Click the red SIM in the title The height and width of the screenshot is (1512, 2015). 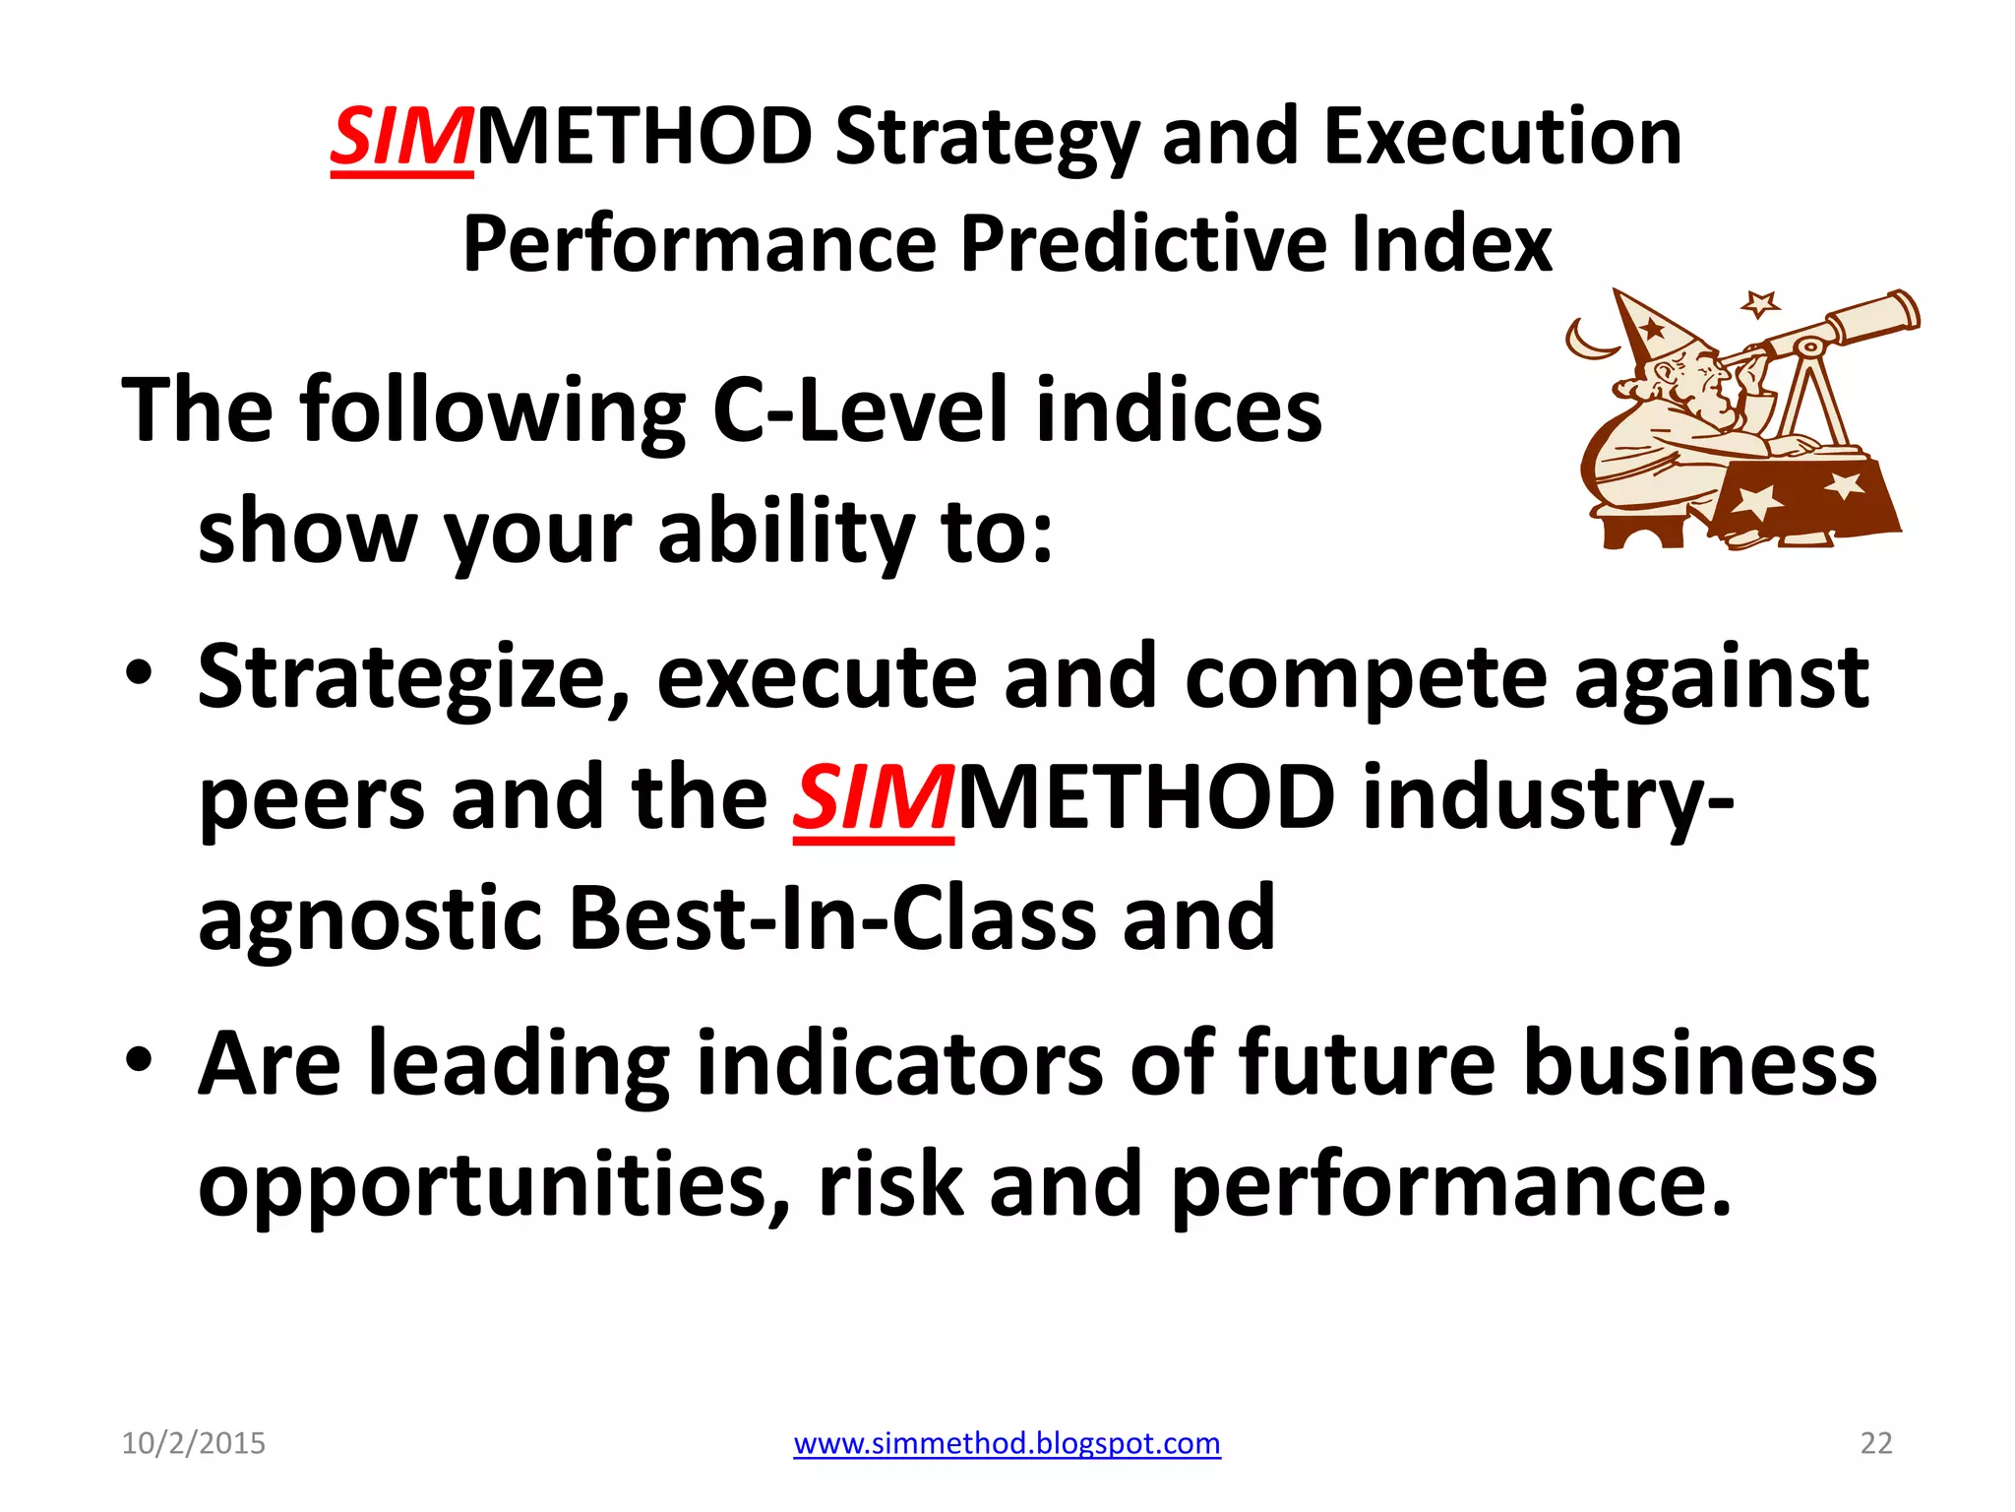[401, 138]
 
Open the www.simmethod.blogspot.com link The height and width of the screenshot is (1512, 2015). [1007, 1443]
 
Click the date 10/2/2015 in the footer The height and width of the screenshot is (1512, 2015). [193, 1443]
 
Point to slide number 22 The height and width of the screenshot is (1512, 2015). [1875, 1443]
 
